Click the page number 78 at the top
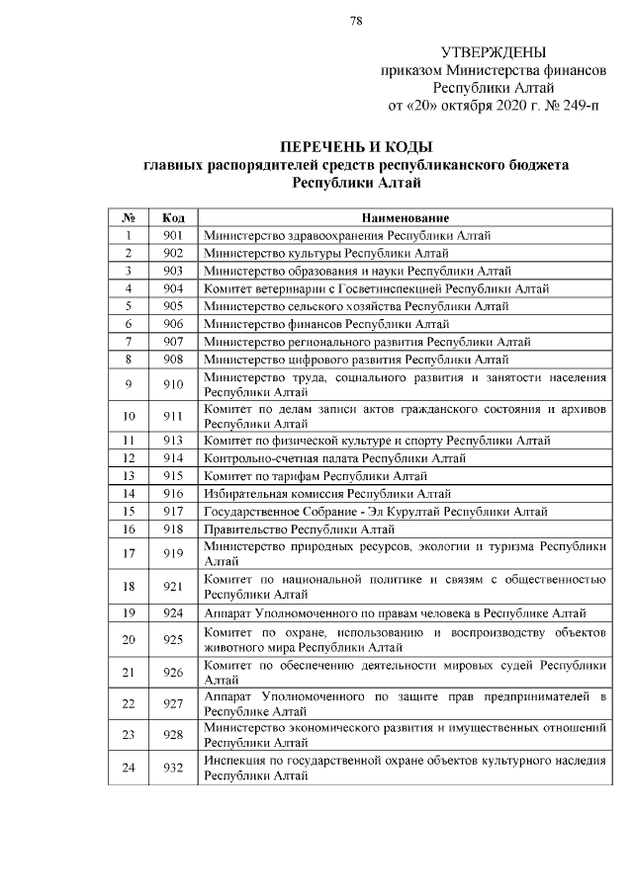pos(356,19)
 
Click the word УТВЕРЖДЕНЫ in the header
pos(492,52)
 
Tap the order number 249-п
pos(580,105)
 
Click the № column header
pos(129,217)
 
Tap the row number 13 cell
pos(129,476)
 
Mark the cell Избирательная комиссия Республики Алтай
pos(314,494)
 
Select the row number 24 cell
pos(129,768)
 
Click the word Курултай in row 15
pos(409,512)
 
